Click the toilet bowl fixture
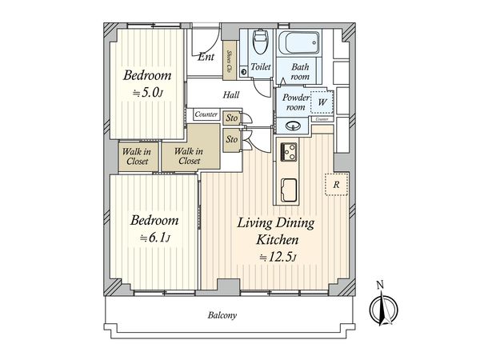(x=260, y=42)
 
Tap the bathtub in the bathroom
(x=298, y=43)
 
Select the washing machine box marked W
(x=322, y=102)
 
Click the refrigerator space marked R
(x=336, y=184)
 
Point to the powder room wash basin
(x=293, y=126)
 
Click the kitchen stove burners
(x=288, y=152)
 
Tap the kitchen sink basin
(x=289, y=190)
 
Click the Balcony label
(x=222, y=315)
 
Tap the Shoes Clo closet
(x=230, y=61)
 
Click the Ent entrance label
(x=206, y=57)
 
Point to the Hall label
(x=231, y=95)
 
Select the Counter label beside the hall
(x=206, y=114)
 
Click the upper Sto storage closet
(x=232, y=118)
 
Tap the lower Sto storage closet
(x=232, y=140)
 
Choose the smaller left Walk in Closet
(x=138, y=157)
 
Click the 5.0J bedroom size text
(x=148, y=92)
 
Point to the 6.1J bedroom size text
(x=155, y=238)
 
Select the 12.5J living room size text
(x=278, y=257)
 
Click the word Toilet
(x=261, y=66)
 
